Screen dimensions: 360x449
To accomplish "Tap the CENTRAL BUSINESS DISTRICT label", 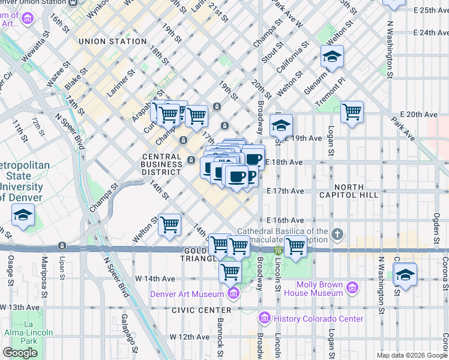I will pyautogui.click(x=161, y=164).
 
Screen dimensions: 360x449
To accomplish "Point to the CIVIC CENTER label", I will pyautogui.click(x=201, y=310).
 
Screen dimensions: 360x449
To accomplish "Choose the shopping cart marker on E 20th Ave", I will pyautogui.click(x=352, y=112).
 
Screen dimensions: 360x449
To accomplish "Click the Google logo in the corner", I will pyautogui.click(x=20, y=353).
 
